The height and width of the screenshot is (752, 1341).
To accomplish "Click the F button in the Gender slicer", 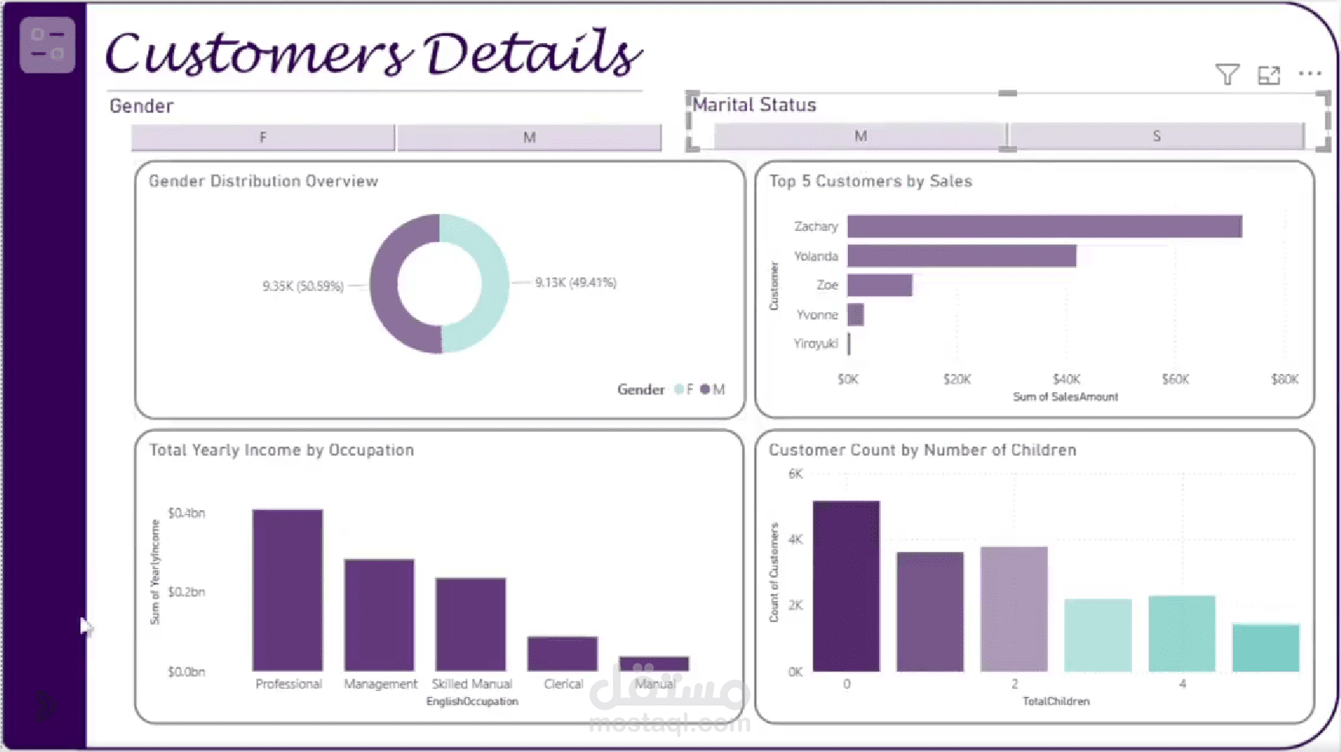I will tap(263, 138).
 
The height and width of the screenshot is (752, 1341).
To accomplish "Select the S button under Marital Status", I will tap(1156, 136).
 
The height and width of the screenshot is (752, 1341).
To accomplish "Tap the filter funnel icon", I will tap(1227, 74).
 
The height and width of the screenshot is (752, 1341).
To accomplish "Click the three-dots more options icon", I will tap(1310, 74).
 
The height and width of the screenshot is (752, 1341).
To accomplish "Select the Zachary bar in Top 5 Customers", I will tap(1044, 226).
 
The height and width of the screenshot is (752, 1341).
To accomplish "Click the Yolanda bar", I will tap(961, 256).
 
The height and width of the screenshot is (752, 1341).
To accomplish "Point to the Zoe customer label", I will tap(827, 285).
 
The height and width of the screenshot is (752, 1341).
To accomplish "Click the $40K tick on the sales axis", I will tap(1066, 380).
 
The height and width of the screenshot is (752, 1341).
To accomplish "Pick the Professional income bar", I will tap(287, 590).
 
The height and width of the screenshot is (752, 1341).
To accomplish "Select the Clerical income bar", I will tap(562, 653).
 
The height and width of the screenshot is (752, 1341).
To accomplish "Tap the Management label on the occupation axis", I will tap(380, 684).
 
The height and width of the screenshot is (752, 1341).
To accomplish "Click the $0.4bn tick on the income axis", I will tap(186, 513).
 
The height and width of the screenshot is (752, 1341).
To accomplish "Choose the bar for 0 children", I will tap(846, 586).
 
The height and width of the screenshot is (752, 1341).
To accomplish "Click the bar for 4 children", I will tap(1181, 633).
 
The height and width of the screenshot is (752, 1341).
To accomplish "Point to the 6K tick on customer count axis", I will tap(795, 473).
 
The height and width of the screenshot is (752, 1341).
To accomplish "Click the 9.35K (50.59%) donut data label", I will tap(303, 286).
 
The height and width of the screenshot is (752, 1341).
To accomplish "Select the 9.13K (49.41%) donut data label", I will tap(575, 282).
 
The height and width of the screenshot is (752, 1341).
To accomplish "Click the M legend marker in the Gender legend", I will tap(705, 389).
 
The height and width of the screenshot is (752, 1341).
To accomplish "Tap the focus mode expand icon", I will tap(1268, 75).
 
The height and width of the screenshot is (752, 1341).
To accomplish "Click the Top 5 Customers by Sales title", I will tap(871, 182).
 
